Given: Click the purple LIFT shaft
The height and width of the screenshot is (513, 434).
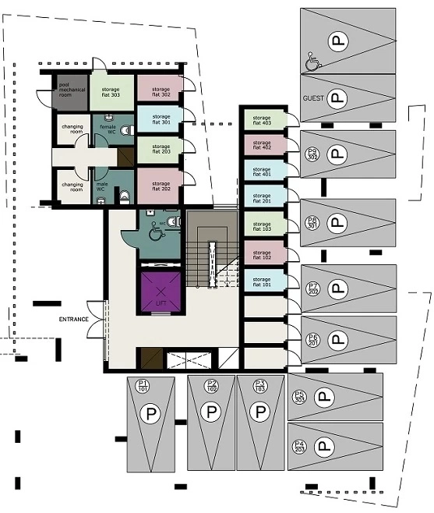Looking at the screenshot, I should [x=161, y=291].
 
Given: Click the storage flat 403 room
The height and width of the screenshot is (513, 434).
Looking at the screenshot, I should [x=262, y=119].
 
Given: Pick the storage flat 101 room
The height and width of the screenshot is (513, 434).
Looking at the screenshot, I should [x=262, y=280].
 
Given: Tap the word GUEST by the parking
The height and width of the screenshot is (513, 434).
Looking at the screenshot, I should [x=313, y=100].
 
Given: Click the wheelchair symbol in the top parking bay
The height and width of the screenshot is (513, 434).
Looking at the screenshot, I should [x=312, y=62].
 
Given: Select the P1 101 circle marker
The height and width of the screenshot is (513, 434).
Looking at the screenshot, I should [x=143, y=385].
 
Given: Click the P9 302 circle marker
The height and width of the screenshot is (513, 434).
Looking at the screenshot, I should [x=312, y=154].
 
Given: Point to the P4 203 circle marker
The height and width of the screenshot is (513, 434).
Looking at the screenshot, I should [x=299, y=448].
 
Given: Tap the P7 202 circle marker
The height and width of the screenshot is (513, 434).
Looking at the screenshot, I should [x=314, y=289].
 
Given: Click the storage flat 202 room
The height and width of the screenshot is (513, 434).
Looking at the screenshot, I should [x=161, y=184].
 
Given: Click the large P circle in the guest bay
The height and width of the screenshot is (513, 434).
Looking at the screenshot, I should [x=337, y=98].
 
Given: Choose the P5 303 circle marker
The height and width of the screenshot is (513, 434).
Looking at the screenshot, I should [x=299, y=397].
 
